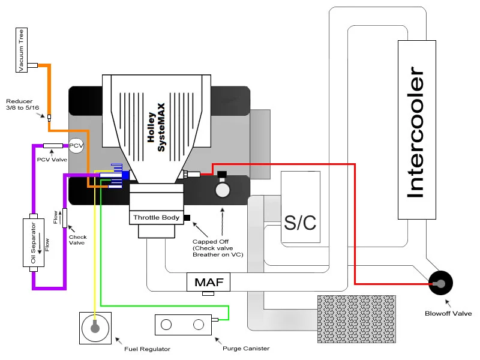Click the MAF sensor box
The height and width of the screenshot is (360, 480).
[208, 282]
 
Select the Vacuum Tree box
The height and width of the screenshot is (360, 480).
[22, 50]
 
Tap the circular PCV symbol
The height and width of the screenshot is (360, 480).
[76, 145]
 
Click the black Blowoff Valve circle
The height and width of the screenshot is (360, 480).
[440, 283]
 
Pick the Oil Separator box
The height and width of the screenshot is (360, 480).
[34, 242]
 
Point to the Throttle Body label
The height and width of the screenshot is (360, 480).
[156, 218]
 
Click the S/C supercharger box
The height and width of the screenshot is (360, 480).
[301, 207]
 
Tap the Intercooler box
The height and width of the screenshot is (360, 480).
[416, 130]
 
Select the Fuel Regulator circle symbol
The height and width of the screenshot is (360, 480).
[95, 328]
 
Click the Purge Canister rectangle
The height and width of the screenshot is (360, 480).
[183, 325]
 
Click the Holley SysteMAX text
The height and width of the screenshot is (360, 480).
[156, 127]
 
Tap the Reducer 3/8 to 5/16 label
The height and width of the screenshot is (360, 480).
[23, 104]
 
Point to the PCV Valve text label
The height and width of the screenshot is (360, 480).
[52, 160]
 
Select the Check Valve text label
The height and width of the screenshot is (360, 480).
[78, 239]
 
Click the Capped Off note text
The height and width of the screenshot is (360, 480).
[218, 248]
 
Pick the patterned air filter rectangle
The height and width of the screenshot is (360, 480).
[356, 319]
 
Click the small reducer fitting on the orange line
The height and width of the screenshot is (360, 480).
[49, 118]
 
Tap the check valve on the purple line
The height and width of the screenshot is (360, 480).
[65, 218]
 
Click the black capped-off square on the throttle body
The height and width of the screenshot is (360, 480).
[187, 218]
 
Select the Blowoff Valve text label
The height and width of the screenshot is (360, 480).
[448, 313]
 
